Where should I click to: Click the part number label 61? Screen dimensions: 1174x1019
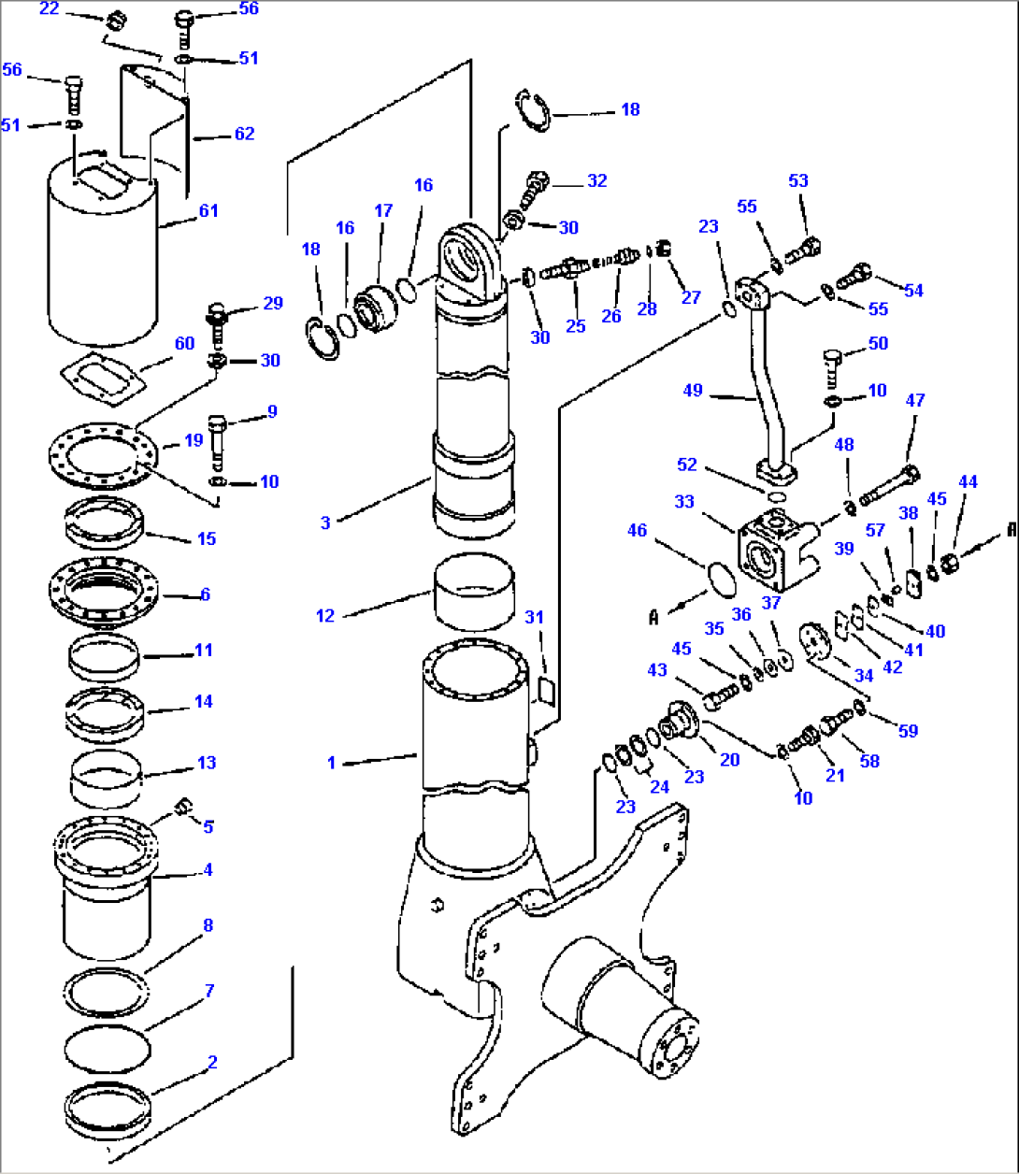click(208, 210)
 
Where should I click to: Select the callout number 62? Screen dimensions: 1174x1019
click(244, 134)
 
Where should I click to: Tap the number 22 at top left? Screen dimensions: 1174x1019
click(50, 9)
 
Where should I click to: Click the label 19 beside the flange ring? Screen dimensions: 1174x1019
click(194, 439)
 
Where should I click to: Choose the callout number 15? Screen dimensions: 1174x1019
click(207, 538)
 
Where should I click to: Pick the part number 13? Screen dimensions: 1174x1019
click(207, 763)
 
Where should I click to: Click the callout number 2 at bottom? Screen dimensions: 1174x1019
click(212, 1062)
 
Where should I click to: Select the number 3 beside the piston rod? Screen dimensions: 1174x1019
click(325, 523)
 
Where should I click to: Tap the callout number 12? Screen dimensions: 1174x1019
click(324, 616)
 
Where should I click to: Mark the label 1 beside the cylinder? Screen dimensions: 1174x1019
click(331, 763)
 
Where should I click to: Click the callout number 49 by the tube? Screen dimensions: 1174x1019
click(692, 390)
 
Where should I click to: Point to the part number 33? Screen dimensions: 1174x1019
click(684, 502)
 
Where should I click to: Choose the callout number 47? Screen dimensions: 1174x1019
click(915, 400)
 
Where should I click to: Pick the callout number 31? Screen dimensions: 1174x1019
click(534, 617)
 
